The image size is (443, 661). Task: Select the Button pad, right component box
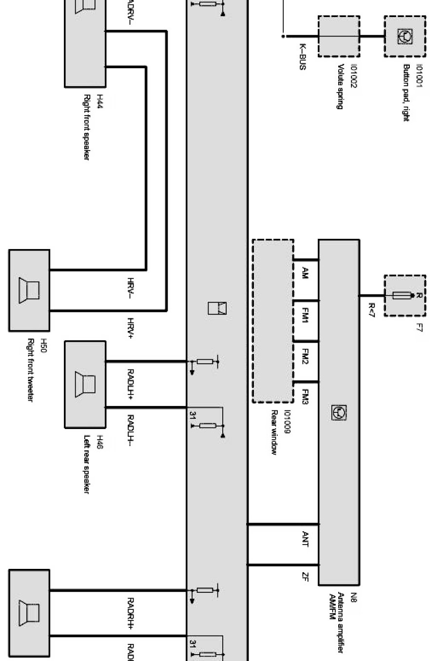pos(404,36)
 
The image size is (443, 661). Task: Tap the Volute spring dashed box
pos(339,36)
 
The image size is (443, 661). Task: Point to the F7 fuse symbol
pos(404,295)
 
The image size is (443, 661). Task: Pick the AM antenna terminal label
pos(306,273)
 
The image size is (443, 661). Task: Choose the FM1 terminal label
pos(306,318)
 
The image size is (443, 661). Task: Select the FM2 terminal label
pos(306,360)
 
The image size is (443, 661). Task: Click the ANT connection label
pos(306,539)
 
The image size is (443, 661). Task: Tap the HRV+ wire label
pos(131,328)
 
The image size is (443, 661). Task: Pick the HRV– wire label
pos(131,288)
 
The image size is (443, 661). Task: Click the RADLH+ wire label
pos(131,383)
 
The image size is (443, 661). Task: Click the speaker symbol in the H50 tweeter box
pos(29,290)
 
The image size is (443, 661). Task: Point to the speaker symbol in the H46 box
pos(85,383)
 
